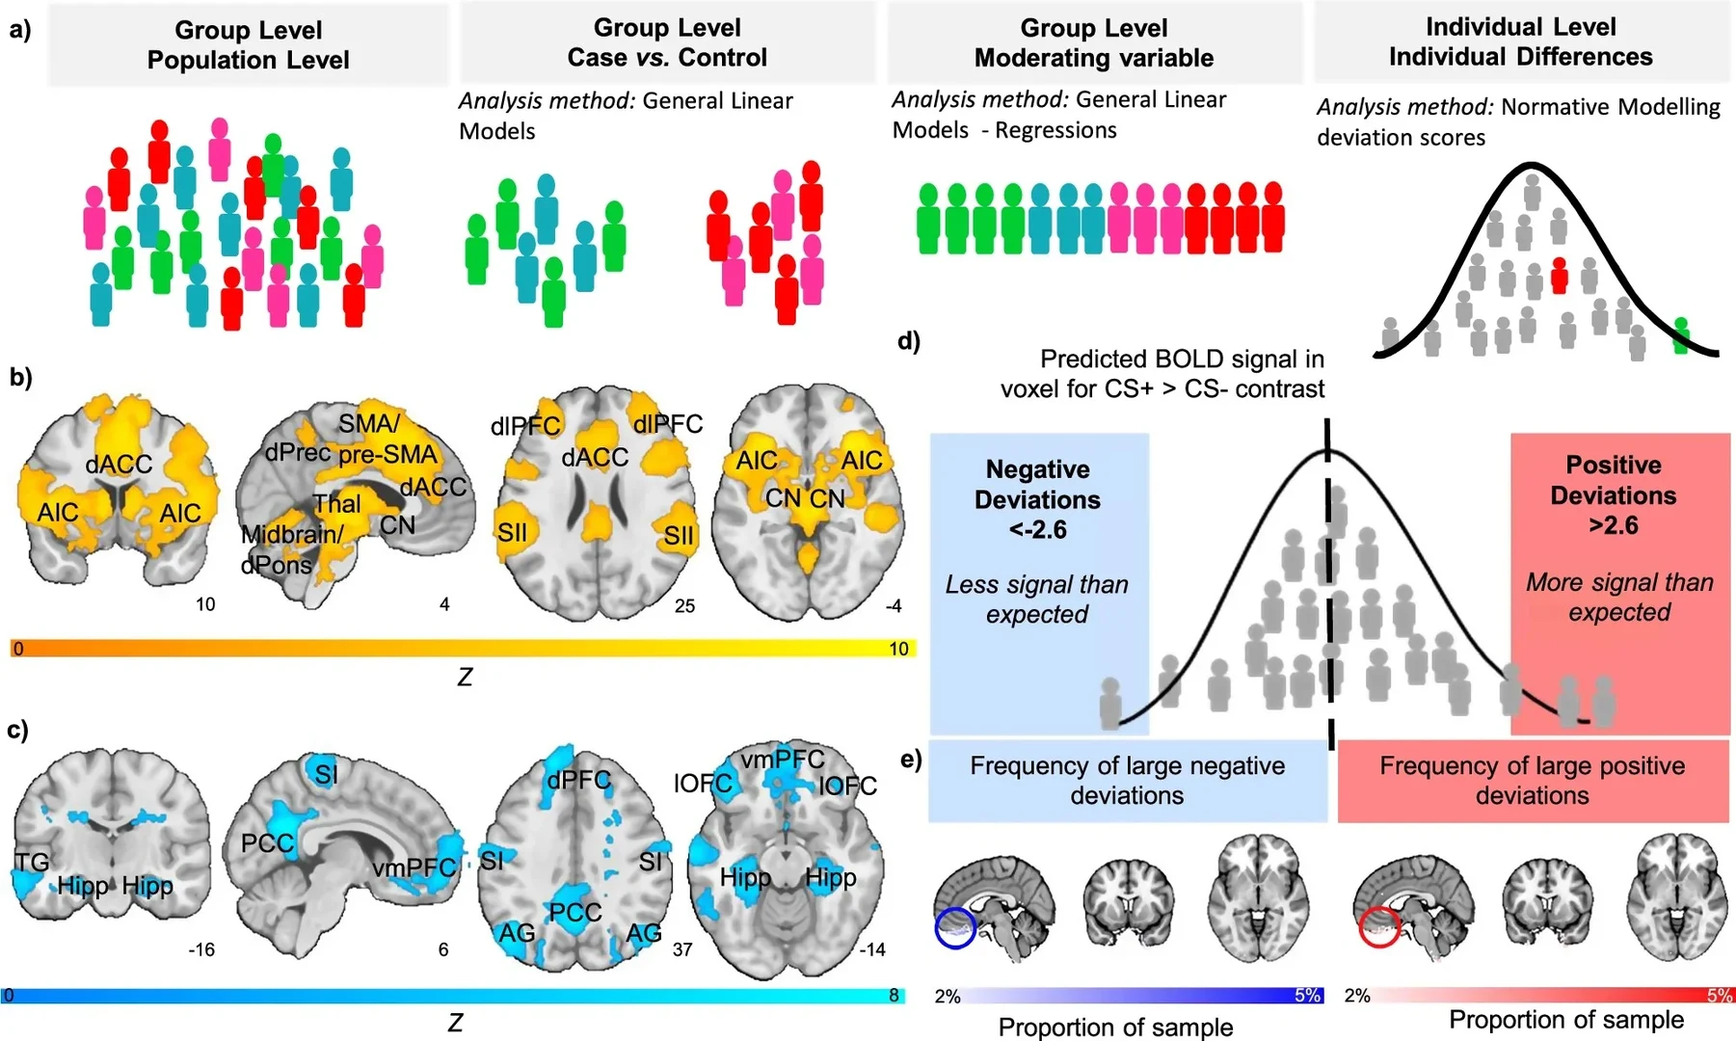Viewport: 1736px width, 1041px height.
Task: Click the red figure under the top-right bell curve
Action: (x=1559, y=277)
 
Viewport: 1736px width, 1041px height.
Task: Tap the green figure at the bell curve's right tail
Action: (x=1680, y=334)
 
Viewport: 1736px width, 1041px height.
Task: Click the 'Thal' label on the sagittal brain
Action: (x=337, y=503)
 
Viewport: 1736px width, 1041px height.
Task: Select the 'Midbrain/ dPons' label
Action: (x=290, y=548)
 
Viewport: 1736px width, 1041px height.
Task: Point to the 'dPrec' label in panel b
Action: (x=297, y=452)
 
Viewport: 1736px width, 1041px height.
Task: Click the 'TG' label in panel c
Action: (x=32, y=862)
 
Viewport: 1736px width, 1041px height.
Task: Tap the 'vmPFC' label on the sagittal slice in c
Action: (x=414, y=867)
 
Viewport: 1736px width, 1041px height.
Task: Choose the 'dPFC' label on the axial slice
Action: (x=578, y=780)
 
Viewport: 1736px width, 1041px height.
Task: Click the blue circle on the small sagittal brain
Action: (x=955, y=928)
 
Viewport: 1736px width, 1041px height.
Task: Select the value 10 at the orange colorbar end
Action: (x=898, y=649)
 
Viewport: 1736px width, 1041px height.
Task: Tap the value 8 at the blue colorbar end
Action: (x=894, y=995)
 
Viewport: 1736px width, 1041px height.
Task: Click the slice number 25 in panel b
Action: (x=684, y=606)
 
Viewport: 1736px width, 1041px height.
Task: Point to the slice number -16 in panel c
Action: (x=200, y=949)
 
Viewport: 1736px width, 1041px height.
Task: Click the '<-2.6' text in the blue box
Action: (x=1037, y=529)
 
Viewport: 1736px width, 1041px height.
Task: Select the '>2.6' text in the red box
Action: (x=1614, y=525)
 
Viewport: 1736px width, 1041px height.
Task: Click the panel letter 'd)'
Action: (x=908, y=341)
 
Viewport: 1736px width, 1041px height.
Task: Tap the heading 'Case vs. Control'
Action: (x=667, y=58)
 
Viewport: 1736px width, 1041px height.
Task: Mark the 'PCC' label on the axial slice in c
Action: (x=574, y=912)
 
